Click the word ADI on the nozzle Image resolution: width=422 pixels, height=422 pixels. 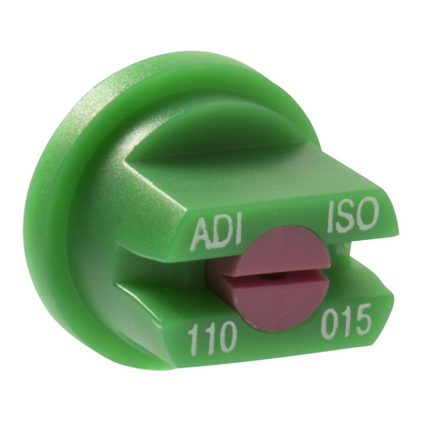point(218,233)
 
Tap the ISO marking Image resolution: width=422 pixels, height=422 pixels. point(353,215)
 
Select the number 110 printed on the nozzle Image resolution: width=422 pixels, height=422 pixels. point(210,339)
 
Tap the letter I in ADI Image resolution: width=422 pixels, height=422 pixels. point(240,231)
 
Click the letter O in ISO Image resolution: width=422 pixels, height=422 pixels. point(368,213)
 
